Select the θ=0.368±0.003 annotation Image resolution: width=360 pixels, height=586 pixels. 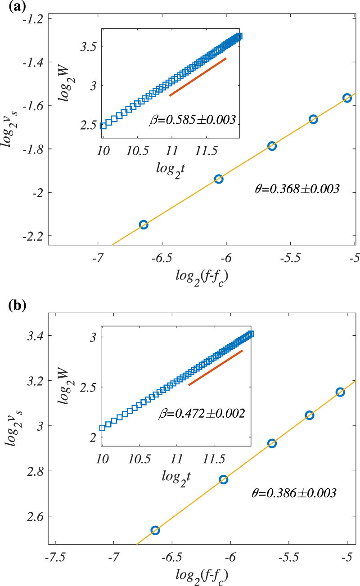297,189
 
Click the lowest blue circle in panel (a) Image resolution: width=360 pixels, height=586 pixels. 144,225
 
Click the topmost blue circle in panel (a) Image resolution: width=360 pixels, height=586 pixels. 347,98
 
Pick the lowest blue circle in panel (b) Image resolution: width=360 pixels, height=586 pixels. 155,530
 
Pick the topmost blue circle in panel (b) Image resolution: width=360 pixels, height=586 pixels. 340,392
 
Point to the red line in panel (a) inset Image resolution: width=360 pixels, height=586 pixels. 198,77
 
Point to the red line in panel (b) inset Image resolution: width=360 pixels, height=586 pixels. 216,368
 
